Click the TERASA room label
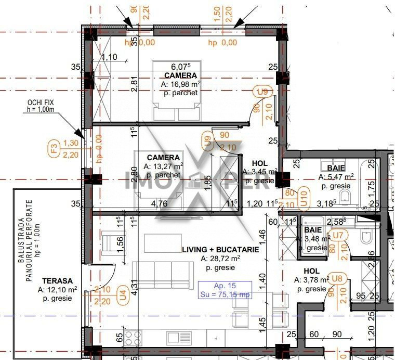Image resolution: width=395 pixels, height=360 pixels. (x=58, y=280)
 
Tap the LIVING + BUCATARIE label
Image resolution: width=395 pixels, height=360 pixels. (x=220, y=250)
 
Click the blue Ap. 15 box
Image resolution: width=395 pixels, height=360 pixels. (x=225, y=290)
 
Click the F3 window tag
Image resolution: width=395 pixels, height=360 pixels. (x=53, y=149)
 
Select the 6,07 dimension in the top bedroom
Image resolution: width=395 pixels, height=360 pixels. (x=181, y=67)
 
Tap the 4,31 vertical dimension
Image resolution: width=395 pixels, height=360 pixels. (x=134, y=288)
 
